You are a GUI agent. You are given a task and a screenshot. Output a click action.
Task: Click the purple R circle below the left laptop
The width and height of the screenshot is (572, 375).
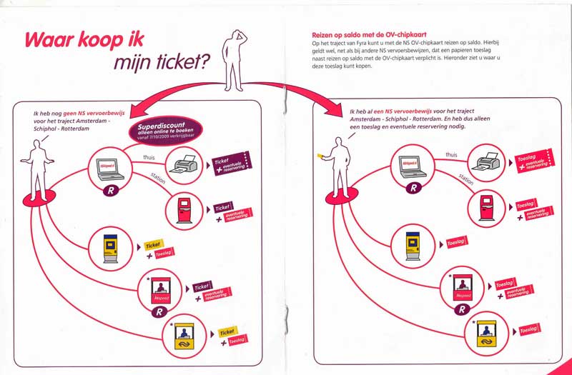[109, 191]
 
